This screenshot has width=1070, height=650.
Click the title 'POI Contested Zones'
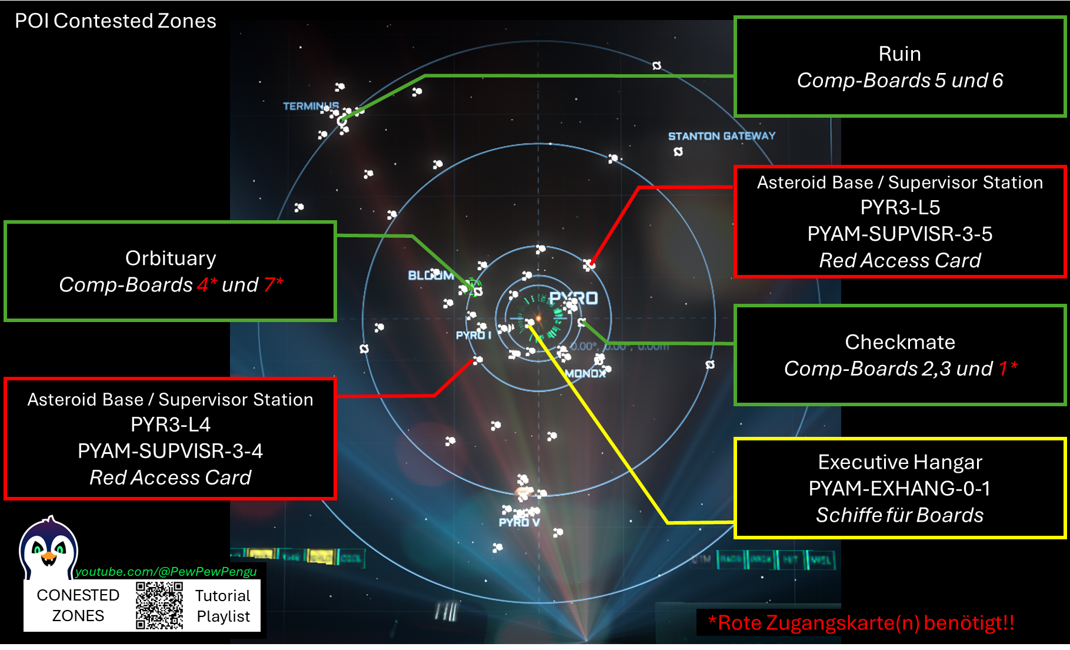click(x=115, y=21)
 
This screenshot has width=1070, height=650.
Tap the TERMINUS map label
click(x=311, y=106)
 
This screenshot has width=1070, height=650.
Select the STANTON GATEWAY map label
click(x=721, y=136)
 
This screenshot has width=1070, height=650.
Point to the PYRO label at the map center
click(x=574, y=299)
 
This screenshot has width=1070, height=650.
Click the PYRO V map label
click(x=519, y=522)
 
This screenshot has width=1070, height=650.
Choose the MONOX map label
click(x=585, y=373)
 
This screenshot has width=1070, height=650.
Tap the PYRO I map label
click(x=473, y=335)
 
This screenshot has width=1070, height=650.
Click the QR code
click(x=159, y=605)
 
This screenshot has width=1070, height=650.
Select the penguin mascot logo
click(x=48, y=549)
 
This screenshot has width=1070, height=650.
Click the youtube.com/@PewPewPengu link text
click(x=166, y=572)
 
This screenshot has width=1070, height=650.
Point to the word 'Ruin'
click(x=899, y=54)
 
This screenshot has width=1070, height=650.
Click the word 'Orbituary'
click(x=171, y=258)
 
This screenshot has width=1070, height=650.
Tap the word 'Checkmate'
click(x=899, y=342)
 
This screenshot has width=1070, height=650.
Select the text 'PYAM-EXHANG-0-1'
click(x=899, y=489)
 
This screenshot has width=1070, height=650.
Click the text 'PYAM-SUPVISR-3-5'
click(x=899, y=234)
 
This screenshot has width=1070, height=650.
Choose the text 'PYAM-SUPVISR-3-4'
click(x=170, y=451)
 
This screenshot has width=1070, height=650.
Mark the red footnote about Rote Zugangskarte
click(x=861, y=622)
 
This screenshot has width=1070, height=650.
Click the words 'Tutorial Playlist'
click(x=223, y=606)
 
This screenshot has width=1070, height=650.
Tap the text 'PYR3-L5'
click(x=899, y=208)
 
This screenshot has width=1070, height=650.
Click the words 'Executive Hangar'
click(x=899, y=462)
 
